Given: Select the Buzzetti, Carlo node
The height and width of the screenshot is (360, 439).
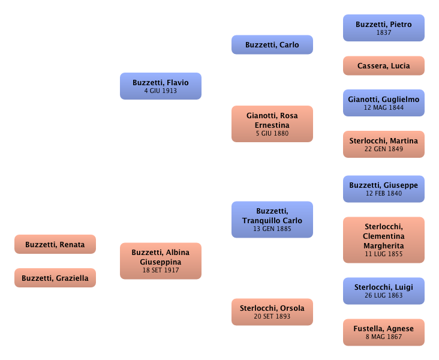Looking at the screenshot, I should (x=272, y=45).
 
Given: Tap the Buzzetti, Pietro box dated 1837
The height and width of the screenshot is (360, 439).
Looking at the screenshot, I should (x=383, y=28).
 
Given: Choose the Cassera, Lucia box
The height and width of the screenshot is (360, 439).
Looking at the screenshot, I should (x=383, y=66).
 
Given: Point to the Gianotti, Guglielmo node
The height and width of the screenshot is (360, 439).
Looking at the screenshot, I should (x=383, y=103).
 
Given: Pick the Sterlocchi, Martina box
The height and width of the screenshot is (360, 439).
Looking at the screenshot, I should (x=383, y=145).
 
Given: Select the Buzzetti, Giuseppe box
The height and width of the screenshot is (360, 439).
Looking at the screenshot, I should (x=383, y=189).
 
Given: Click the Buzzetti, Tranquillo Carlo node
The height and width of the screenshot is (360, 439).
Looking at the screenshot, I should (x=272, y=220).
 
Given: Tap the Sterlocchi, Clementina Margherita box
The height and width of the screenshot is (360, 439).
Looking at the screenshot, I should (x=383, y=240).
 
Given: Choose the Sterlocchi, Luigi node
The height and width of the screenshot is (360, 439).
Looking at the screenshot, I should (x=383, y=291).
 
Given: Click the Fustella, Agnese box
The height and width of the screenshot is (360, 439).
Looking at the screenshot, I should (x=383, y=332).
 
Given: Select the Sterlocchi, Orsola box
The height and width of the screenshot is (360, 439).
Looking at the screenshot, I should (x=272, y=312).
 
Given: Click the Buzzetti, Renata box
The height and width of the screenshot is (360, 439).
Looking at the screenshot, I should (x=55, y=245).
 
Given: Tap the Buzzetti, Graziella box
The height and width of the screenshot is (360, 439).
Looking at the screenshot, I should (x=55, y=278).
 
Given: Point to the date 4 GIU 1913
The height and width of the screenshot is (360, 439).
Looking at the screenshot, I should (x=160, y=91).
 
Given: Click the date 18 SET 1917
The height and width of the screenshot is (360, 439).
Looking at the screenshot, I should (x=161, y=271).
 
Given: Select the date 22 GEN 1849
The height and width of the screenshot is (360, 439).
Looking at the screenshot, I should (x=383, y=149).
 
